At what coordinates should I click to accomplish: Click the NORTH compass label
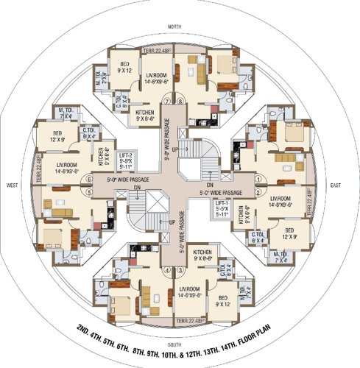click(174, 26)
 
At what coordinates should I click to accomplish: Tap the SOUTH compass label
click(174, 344)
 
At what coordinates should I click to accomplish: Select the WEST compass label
click(11, 185)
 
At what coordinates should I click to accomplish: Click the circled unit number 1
click(258, 178)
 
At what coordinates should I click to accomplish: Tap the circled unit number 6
click(89, 178)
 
